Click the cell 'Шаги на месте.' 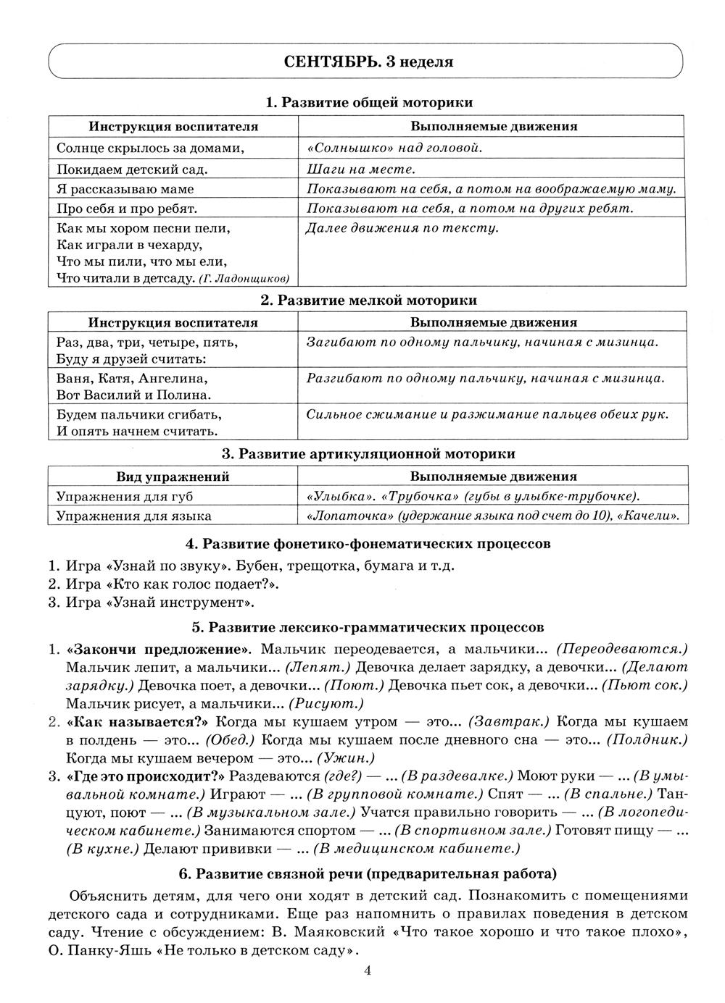[360, 169]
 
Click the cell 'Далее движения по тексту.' [402, 228]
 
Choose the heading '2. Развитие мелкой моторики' [368, 300]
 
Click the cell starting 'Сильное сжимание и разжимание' [486, 414]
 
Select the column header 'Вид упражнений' [173, 477]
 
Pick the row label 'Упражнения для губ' [125, 496]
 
